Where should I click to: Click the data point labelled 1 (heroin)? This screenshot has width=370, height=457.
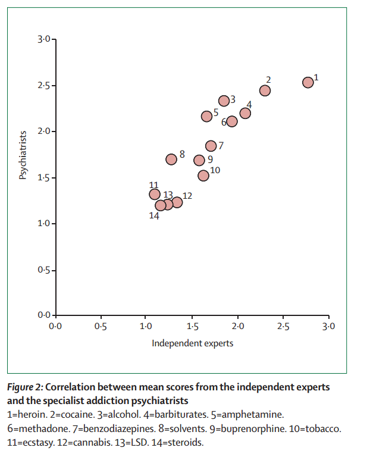point(308,83)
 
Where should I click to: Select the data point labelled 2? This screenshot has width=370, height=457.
point(265,90)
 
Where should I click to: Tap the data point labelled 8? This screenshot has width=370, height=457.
point(171,159)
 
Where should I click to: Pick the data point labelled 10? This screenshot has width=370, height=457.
point(203,175)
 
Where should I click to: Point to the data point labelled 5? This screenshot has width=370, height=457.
point(206,116)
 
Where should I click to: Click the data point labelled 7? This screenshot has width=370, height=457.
point(211,146)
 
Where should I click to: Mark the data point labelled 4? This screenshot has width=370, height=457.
point(245,113)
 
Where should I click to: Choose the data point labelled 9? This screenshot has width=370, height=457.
point(199,160)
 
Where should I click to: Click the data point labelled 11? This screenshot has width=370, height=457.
point(155,194)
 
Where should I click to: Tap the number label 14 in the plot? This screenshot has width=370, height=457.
point(154,215)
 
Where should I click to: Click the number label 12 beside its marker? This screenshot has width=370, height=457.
point(187,195)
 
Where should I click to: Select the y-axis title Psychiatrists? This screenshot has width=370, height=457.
point(23,155)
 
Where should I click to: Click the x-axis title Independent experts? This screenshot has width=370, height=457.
point(192,343)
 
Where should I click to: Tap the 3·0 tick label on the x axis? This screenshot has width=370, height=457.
point(329,326)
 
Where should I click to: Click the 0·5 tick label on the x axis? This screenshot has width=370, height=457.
point(101,326)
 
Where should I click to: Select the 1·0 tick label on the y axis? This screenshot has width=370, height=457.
point(42,224)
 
